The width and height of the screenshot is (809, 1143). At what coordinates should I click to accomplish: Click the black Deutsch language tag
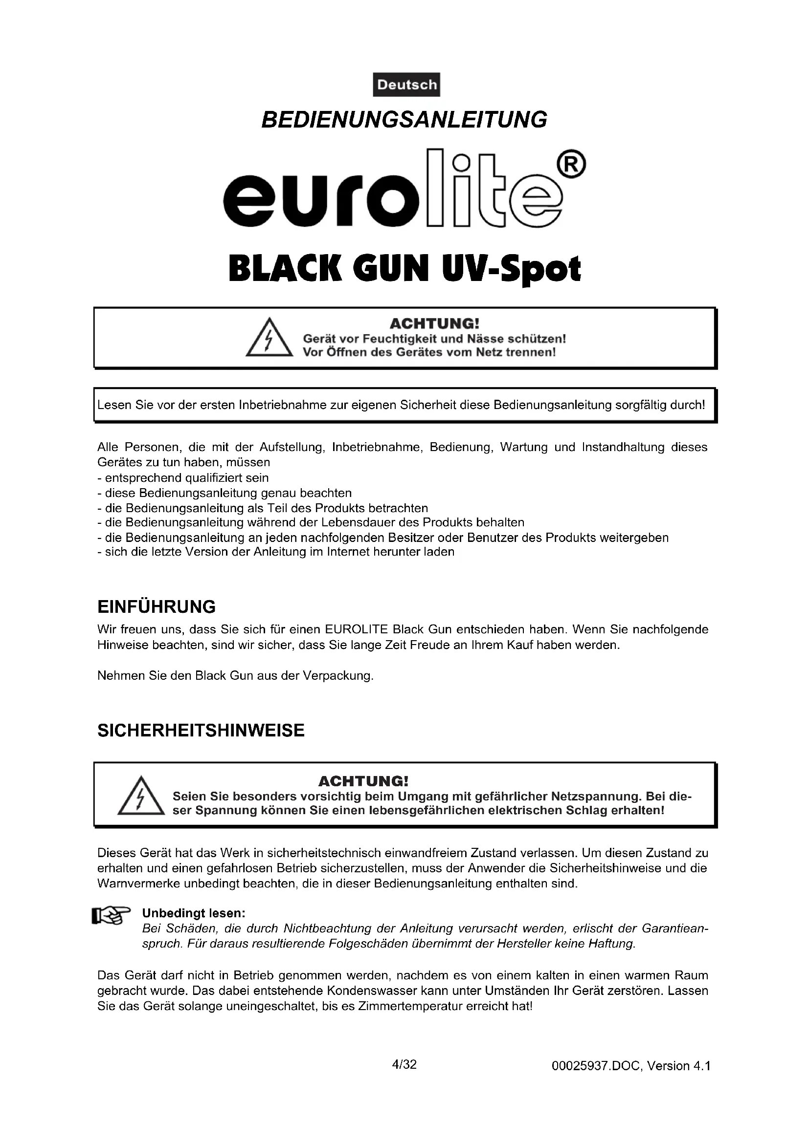(406, 85)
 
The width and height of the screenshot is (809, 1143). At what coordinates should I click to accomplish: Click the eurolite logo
(394, 194)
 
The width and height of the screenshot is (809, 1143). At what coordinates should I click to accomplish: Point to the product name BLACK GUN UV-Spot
(404, 269)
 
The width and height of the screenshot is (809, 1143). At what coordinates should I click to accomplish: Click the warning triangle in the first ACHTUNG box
(269, 339)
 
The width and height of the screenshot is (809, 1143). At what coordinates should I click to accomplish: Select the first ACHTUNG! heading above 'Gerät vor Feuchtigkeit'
(434, 324)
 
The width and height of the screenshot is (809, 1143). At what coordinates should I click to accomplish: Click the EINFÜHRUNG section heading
(157, 607)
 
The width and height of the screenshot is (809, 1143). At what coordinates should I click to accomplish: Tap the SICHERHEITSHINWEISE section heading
(201, 730)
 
